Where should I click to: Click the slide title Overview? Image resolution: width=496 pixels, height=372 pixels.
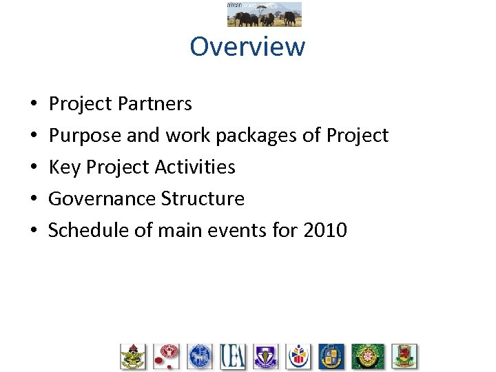click(247, 47)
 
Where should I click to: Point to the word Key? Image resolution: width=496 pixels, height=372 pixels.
click(64, 167)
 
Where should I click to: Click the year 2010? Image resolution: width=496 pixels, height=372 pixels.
click(324, 230)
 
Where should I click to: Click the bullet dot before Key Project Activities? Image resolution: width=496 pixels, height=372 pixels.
click(34, 168)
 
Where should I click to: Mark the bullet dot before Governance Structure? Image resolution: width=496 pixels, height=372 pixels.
click(34, 200)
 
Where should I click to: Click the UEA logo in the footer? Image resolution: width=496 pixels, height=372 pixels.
click(233, 356)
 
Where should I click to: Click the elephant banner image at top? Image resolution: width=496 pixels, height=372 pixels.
click(264, 14)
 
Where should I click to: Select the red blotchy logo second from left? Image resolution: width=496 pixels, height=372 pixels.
click(166, 356)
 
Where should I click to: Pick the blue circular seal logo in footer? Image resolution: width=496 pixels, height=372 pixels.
click(199, 356)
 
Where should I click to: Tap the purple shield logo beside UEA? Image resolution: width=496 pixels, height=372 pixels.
click(265, 356)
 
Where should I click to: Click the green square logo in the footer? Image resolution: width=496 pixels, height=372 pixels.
click(368, 356)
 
